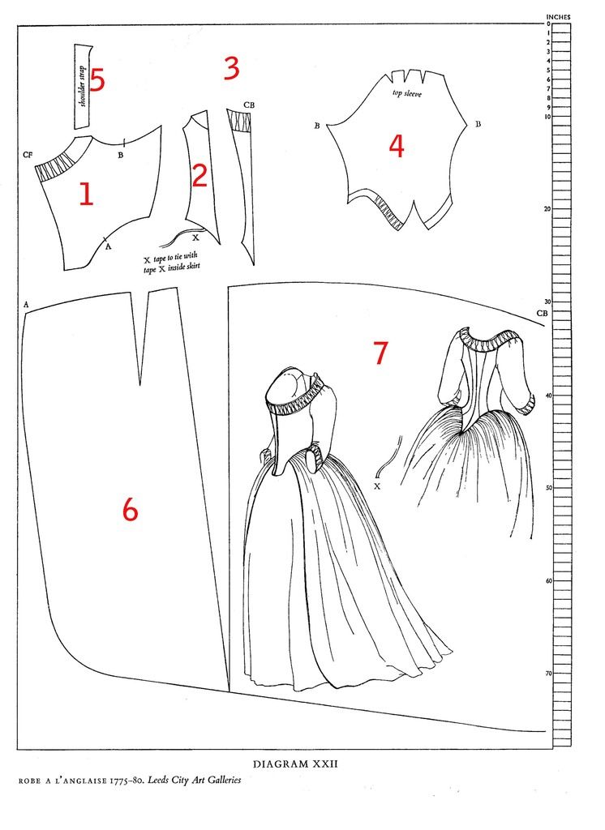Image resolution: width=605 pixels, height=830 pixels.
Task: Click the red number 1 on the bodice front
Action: point(86,194)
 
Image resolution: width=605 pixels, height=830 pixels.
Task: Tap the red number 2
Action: point(200,176)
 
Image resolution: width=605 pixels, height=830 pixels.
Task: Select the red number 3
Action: point(231,68)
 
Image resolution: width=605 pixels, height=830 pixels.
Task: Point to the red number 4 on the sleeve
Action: point(397,146)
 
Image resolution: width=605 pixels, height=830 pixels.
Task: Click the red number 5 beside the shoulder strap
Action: point(97,79)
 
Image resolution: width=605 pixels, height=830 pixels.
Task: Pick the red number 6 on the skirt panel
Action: point(130,510)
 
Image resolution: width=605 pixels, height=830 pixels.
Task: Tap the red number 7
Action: point(380,353)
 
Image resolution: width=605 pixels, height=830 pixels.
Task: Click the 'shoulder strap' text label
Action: point(82,87)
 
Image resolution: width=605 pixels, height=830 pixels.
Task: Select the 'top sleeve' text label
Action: point(407,94)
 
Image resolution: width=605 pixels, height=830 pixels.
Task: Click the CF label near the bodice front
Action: point(28,155)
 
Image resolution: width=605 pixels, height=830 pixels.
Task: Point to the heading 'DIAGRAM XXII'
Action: point(295,764)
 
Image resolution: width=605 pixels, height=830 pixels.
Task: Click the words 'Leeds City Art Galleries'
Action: point(194,780)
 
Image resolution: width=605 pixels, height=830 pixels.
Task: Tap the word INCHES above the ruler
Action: point(559,17)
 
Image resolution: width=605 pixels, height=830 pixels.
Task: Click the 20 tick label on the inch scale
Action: point(547,209)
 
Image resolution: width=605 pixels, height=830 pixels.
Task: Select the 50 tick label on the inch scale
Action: point(548,487)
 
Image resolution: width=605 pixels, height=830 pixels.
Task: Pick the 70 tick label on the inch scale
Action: point(548,674)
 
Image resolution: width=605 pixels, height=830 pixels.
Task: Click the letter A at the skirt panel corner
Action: point(25,304)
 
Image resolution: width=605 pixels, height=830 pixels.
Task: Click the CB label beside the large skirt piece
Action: point(542,314)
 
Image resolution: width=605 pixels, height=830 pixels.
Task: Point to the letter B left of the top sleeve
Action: point(317,126)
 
